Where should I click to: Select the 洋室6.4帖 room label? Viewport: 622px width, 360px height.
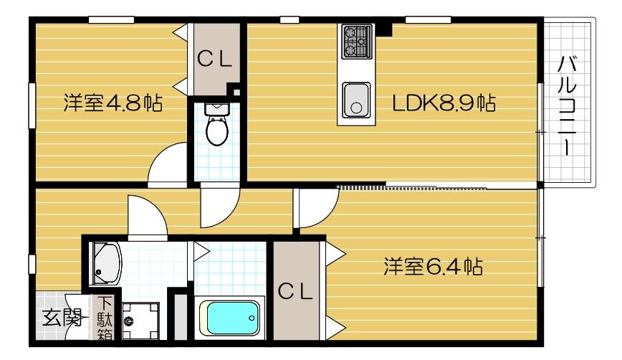pyautogui.click(x=431, y=267)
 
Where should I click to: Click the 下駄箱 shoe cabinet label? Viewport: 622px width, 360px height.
pyautogui.click(x=105, y=318)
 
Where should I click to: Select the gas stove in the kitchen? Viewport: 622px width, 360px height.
pyautogui.click(x=355, y=41)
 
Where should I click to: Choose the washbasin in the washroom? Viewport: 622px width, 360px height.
pyautogui.click(x=107, y=262)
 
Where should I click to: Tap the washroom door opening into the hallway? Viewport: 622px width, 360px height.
pyautogui.click(x=147, y=214)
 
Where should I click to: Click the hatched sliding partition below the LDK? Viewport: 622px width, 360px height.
pyautogui.click(x=412, y=187)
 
